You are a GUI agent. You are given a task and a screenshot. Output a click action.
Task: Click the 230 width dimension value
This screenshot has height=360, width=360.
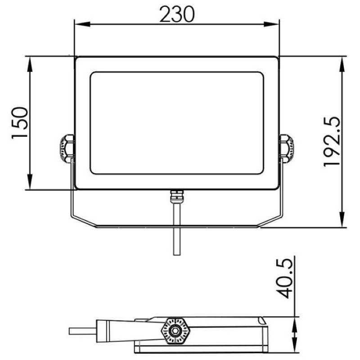coord(177,14)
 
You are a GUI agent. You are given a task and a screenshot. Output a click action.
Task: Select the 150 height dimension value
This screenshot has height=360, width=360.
coord(20,123)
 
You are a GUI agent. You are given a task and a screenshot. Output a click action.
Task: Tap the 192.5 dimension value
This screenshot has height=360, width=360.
coord(332,141)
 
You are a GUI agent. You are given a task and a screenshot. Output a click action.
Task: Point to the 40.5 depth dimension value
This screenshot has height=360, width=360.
coord(284,279)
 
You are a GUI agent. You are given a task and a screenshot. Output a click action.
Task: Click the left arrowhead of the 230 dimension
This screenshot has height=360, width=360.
coord(82,24)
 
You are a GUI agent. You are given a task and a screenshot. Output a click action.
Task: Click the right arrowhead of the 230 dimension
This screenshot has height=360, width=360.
coord(271,24)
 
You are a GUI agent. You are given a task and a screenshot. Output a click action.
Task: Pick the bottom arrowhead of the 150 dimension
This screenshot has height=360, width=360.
coord(30,182)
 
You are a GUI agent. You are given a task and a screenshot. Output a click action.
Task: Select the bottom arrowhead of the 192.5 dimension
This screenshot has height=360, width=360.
coord(342,219)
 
